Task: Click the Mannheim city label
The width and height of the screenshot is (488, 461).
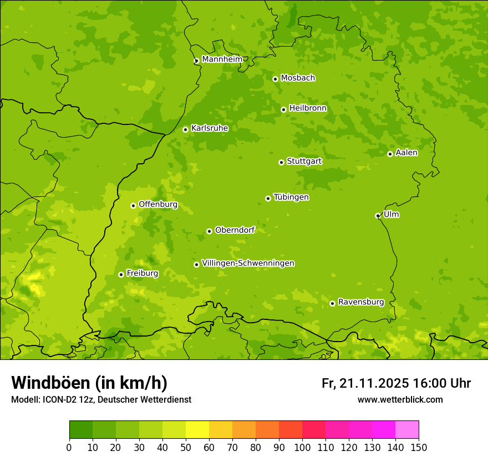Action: click(222, 59)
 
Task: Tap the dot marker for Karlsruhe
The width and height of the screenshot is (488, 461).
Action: click(185, 129)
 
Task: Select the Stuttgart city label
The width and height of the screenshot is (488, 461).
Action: click(304, 161)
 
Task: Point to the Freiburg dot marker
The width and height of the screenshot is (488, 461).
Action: click(121, 274)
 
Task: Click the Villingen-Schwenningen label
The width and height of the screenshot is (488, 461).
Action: click(248, 263)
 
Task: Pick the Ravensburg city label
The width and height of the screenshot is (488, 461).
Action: click(361, 302)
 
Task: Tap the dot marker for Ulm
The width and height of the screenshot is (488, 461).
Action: click(378, 216)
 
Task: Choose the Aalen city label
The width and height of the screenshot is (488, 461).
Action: click(406, 153)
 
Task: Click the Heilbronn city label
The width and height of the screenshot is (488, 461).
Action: click(308, 108)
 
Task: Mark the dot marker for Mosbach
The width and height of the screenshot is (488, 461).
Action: click(275, 79)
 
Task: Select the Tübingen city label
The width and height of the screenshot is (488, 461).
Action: click(291, 197)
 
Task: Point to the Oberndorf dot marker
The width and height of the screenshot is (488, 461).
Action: click(209, 231)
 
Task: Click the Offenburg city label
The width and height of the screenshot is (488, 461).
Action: click(158, 204)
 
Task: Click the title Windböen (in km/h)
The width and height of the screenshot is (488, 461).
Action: click(89, 383)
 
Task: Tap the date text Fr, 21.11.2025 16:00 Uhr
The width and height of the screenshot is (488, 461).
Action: click(396, 383)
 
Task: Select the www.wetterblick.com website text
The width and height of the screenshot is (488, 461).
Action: click(400, 399)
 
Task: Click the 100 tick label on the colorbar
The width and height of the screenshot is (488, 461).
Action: click(302, 448)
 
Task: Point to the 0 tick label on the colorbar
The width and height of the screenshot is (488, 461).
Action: click(69, 448)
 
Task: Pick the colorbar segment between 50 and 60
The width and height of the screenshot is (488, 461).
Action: click(197, 430)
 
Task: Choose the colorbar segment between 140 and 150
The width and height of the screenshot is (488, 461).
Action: click(407, 430)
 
